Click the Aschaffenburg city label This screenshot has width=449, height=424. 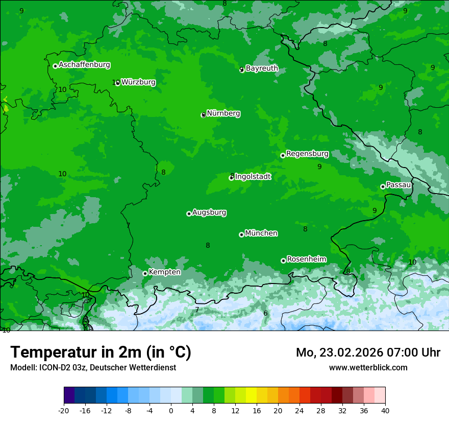pyautogui.click(x=84, y=65)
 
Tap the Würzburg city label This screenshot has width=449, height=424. pyautogui.click(x=138, y=82)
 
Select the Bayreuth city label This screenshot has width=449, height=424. pyautogui.click(x=262, y=68)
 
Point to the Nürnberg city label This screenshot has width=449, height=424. pyautogui.click(x=223, y=113)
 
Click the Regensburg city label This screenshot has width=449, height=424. pyautogui.click(x=307, y=154)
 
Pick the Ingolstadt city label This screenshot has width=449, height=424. pyautogui.click(x=253, y=177)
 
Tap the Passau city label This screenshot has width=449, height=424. pyautogui.click(x=398, y=185)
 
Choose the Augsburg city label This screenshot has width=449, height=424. pyautogui.click(x=209, y=213)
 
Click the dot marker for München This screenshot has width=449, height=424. pyautogui.click(x=241, y=234)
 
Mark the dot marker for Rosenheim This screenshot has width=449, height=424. pyautogui.click(x=283, y=261)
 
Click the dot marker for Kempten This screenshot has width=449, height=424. pyautogui.click(x=145, y=273)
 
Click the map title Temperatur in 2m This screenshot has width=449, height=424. pyautogui.click(x=101, y=352)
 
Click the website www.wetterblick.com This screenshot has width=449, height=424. pyautogui.click(x=368, y=367)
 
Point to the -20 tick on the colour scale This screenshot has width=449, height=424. pyautogui.click(x=64, y=410)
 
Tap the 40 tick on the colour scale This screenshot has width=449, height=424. pyautogui.click(x=385, y=410)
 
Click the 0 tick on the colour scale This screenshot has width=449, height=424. pyautogui.click(x=171, y=410)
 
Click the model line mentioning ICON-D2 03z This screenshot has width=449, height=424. pyautogui.click(x=93, y=367)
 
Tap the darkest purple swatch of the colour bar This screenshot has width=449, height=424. pyautogui.click(x=69, y=395)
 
